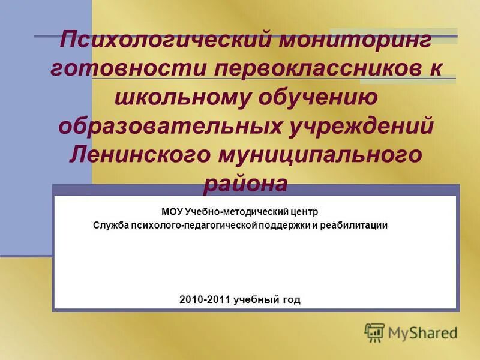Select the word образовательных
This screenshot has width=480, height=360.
click(x=171, y=125)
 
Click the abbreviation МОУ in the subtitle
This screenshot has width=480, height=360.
click(x=172, y=212)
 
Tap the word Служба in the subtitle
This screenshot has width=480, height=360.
click(x=109, y=226)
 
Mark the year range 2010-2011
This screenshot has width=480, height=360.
click(x=205, y=299)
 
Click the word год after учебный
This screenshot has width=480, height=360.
click(x=291, y=299)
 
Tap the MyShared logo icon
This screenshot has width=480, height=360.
click(x=374, y=332)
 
